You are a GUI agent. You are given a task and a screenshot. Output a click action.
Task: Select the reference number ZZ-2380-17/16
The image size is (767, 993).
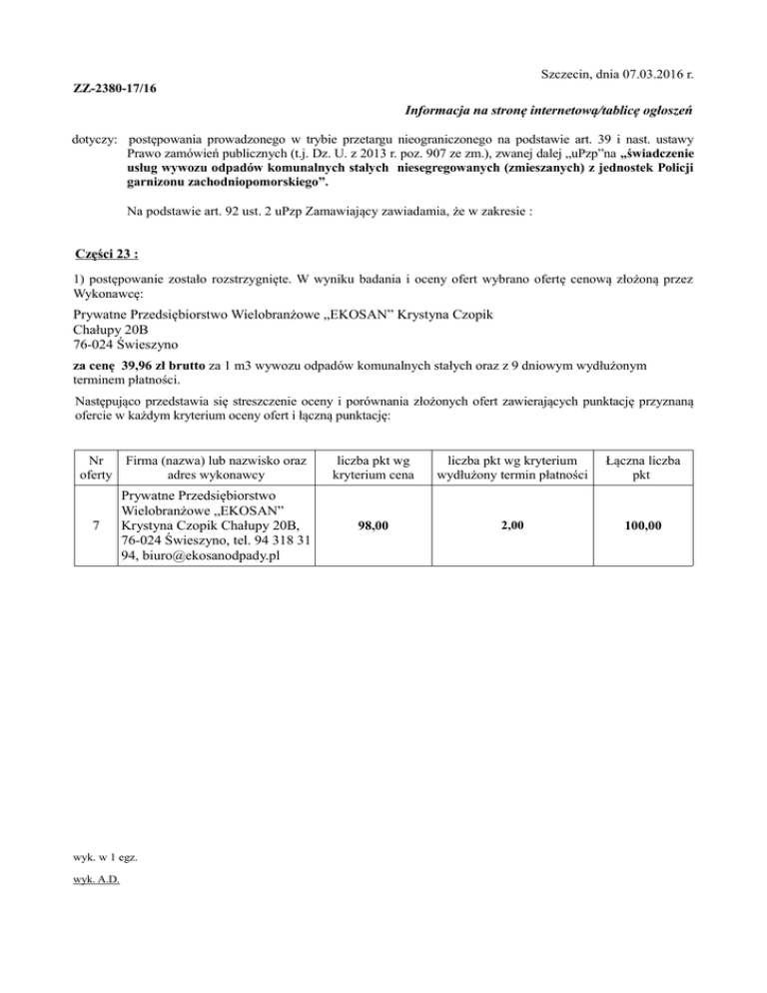[x=115, y=91]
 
